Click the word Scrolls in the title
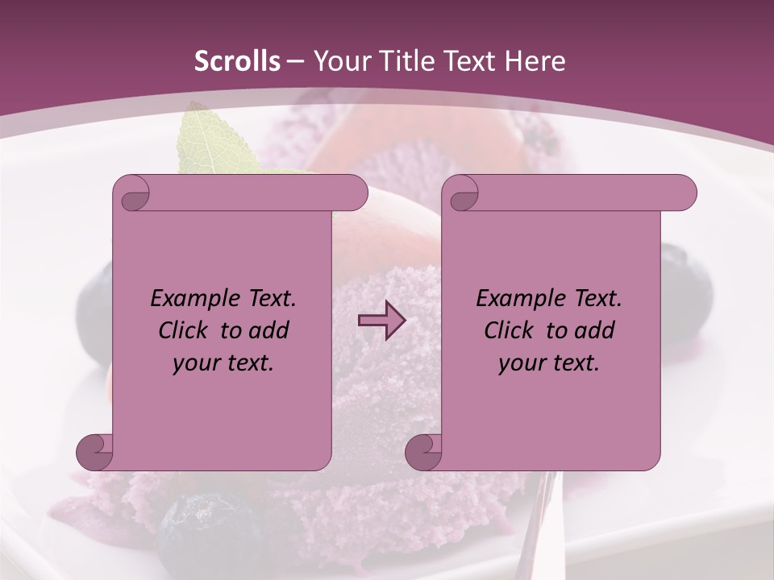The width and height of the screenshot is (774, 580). [x=238, y=61]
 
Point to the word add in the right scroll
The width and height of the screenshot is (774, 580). [x=596, y=330]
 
